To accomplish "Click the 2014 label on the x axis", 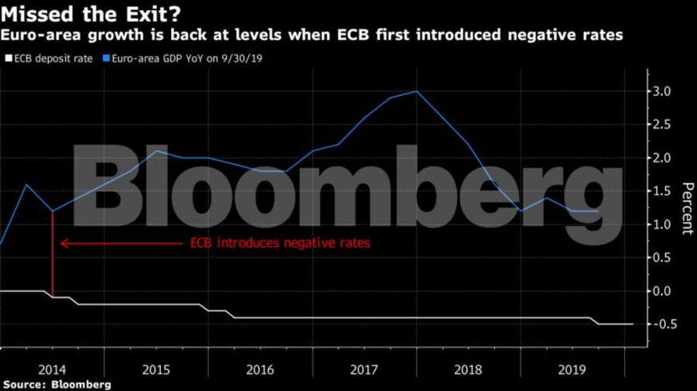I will [x=52, y=369].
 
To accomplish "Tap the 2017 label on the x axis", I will [x=364, y=369].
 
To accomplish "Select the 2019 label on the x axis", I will [x=572, y=369].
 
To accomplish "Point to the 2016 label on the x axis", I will [x=260, y=369].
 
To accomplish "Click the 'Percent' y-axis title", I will [x=686, y=208].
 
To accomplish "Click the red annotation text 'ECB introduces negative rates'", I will [x=280, y=243].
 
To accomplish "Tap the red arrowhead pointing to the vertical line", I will [x=64, y=243].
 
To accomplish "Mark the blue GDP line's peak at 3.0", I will [x=417, y=91].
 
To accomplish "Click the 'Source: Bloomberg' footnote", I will [x=57, y=384].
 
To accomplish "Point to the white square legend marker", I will [x=9, y=58].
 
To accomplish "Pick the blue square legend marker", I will [x=108, y=58].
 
